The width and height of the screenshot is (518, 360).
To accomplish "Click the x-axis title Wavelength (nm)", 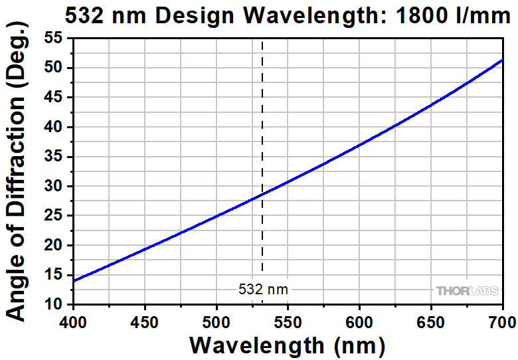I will click(287, 345).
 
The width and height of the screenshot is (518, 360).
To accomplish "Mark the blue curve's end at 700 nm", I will click(502, 60).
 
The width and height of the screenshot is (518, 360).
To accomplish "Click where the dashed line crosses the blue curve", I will click(262, 195).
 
